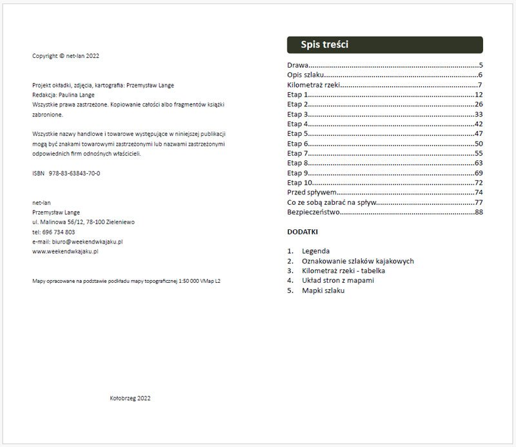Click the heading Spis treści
(325, 45)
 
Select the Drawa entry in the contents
(297, 65)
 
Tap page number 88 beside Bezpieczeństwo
(479, 212)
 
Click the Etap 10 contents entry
(299, 183)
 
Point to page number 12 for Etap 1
(479, 95)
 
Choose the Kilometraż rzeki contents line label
(313, 85)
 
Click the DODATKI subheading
(302, 232)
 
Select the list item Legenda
(315, 251)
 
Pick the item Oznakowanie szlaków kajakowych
(357, 261)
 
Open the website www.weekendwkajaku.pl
(64, 251)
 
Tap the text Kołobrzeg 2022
(130, 398)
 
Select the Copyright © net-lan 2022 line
(66, 56)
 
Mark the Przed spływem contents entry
(312, 193)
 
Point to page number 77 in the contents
(479, 202)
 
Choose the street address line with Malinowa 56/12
(83, 222)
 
